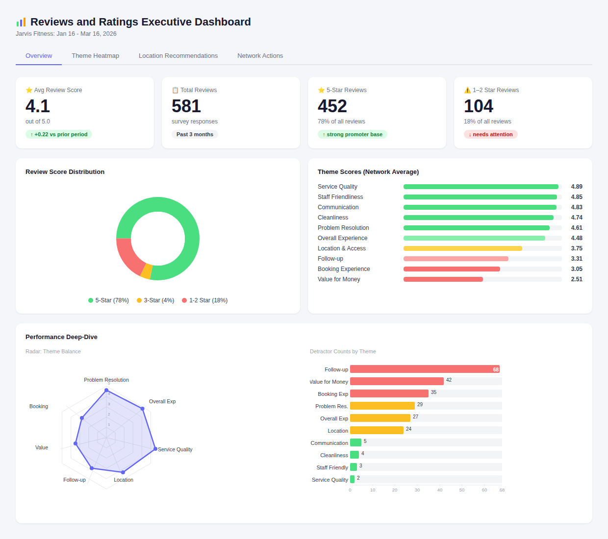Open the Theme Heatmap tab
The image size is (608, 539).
95,56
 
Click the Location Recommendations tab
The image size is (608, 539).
178,56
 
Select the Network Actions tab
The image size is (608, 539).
260,56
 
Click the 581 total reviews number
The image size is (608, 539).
186,106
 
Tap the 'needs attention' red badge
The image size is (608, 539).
491,134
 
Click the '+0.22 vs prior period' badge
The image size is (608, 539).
59,134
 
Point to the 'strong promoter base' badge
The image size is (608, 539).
352,134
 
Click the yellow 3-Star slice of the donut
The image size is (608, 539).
146,271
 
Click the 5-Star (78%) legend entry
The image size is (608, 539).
108,300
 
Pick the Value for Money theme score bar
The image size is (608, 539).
443,279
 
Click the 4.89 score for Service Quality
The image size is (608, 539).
577,187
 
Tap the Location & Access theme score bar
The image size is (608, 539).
462,248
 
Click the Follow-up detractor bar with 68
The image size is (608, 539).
425,369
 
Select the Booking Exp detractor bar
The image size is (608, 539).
389,393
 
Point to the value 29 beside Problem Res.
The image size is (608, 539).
420,405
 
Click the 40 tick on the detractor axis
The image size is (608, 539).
440,490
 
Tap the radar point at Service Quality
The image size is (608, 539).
155,449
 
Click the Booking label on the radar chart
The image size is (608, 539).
39,407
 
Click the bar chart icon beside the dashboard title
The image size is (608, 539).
21,22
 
